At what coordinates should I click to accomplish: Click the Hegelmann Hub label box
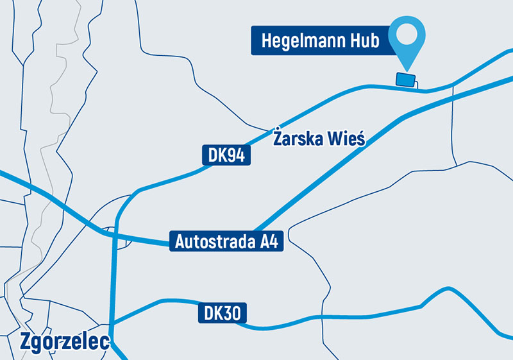click(x=321, y=40)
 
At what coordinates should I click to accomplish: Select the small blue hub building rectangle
click(x=405, y=80)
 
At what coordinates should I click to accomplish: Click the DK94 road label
click(x=226, y=155)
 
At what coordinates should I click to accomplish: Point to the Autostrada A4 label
click(x=226, y=241)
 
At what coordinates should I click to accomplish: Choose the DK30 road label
click(x=222, y=313)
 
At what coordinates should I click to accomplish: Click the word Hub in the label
click(x=364, y=41)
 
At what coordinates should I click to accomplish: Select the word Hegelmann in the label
click(x=304, y=41)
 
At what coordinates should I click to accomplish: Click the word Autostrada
click(x=212, y=242)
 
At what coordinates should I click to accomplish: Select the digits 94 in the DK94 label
click(x=237, y=155)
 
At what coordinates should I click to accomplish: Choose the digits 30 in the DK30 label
click(x=232, y=313)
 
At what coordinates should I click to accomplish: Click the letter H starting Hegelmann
click(x=266, y=41)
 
